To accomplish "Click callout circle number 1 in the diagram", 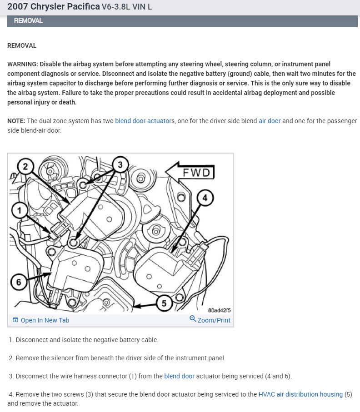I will point(18,209).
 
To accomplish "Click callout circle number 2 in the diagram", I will point(25,167).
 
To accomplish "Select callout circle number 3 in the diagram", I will point(120,164).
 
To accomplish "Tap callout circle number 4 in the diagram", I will point(205,198).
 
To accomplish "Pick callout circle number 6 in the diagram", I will point(19,282).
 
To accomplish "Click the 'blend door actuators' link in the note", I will point(144,121).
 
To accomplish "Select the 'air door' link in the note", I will point(270,121).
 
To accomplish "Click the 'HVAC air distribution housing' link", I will point(300,394).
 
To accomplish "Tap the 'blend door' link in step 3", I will point(179,376).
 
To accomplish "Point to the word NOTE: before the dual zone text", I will point(16,121).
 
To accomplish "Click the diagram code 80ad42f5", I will point(219,310).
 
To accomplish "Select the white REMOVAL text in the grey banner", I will point(28,21).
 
